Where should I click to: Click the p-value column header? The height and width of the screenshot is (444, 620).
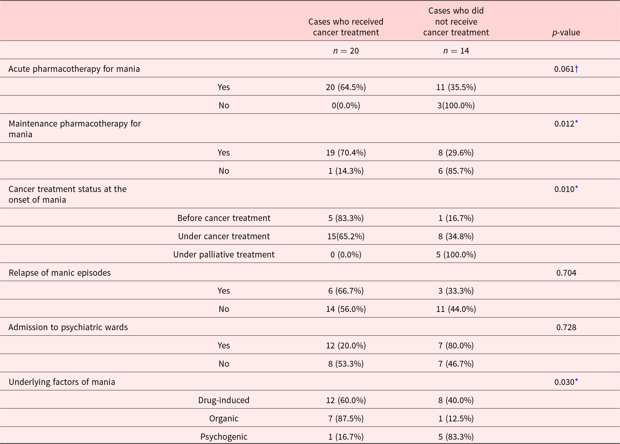pyautogui.click(x=566, y=32)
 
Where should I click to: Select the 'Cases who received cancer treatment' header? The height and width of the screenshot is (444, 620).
pyautogui.click(x=346, y=27)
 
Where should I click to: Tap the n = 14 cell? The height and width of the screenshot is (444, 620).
pyautogui.click(x=456, y=51)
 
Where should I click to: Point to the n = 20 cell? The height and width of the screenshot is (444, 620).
pyautogui.click(x=346, y=51)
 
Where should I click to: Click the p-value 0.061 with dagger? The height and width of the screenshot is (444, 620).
pyautogui.click(x=566, y=69)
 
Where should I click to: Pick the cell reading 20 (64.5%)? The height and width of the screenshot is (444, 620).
pyautogui.click(x=346, y=87)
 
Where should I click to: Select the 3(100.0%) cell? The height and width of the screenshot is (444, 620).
pyautogui.click(x=456, y=105)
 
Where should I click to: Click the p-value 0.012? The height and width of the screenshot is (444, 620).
pyautogui.click(x=566, y=124)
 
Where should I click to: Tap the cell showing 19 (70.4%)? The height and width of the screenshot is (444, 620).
pyautogui.click(x=346, y=153)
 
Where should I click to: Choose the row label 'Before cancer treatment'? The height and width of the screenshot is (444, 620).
pyautogui.click(x=224, y=218)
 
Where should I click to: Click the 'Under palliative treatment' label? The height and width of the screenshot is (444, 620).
pyautogui.click(x=224, y=255)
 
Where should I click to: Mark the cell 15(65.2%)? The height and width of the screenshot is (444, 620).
pyautogui.click(x=346, y=236)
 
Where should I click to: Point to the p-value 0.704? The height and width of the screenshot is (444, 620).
pyautogui.click(x=566, y=273)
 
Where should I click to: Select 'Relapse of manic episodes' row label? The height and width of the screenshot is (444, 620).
pyautogui.click(x=60, y=273)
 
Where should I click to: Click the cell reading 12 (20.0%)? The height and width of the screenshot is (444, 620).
pyautogui.click(x=346, y=346)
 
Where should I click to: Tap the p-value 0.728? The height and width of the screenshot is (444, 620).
pyautogui.click(x=566, y=327)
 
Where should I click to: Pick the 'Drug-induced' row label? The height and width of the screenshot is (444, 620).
pyautogui.click(x=224, y=400)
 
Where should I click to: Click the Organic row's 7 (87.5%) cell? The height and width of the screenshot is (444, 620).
pyautogui.click(x=346, y=419)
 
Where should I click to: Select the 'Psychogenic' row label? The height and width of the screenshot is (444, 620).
pyautogui.click(x=224, y=437)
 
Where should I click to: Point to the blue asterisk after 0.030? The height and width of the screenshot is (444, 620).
pyautogui.click(x=577, y=380)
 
